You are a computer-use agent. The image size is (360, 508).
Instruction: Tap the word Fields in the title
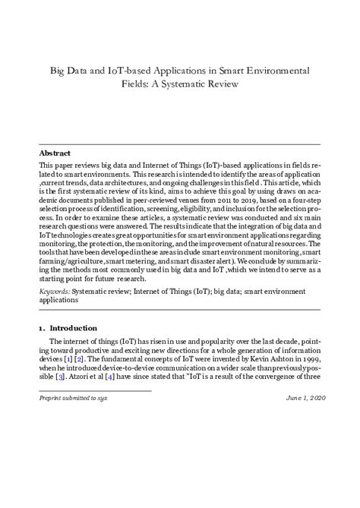[138, 84]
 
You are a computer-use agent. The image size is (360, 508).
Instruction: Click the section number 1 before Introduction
[40, 328]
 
